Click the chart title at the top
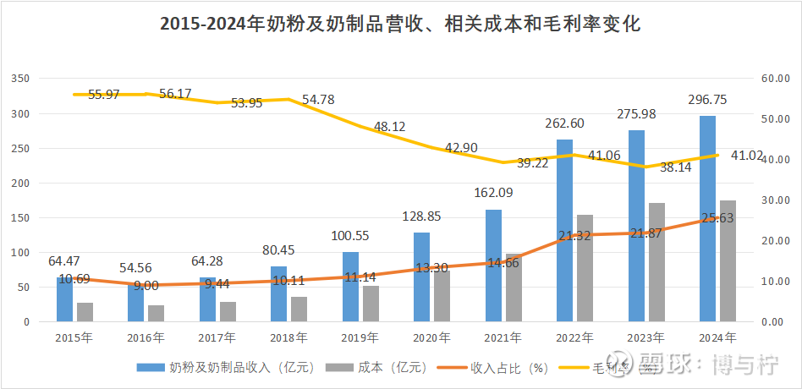pyautogui.click(x=400, y=25)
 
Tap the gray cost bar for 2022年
pyautogui.click(x=585, y=268)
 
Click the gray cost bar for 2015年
pyautogui.click(x=85, y=312)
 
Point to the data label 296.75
pyautogui.click(x=707, y=100)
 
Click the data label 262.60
pyautogui.click(x=564, y=123)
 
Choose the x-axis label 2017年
pyautogui.click(x=217, y=337)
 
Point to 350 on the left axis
pyautogui.click(x=20, y=79)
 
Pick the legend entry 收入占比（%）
pyautogui.click(x=500, y=368)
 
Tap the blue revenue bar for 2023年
pyautogui.click(x=636, y=226)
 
